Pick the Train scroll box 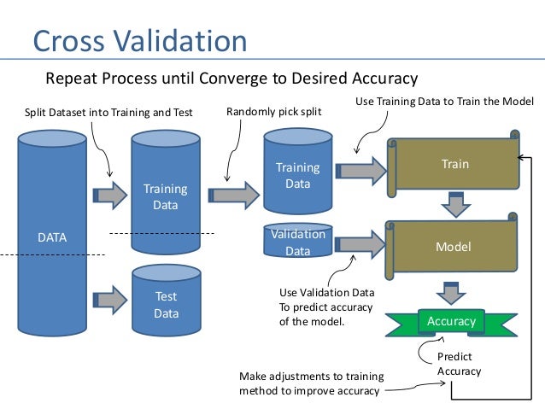coord(454,162)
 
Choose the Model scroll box coord(454,247)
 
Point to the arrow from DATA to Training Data coord(109,196)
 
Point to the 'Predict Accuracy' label coord(459,364)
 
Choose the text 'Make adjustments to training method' coord(311,383)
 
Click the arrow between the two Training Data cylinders coord(233,195)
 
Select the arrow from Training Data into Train coord(361,170)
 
